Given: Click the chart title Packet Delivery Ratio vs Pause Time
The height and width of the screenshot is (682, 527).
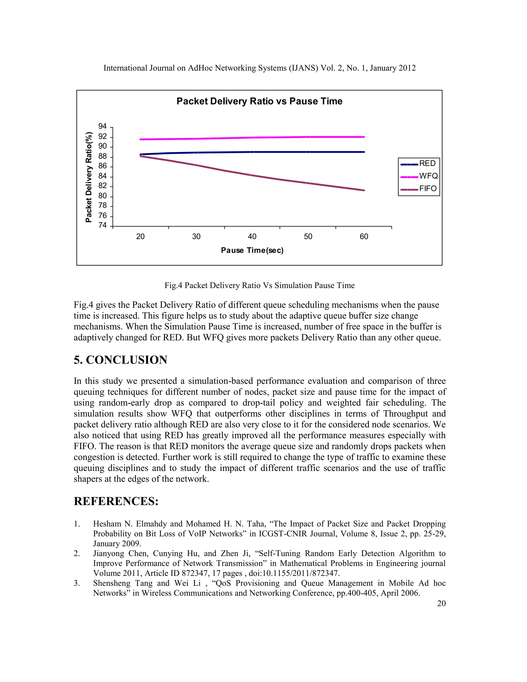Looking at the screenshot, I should [x=259, y=101].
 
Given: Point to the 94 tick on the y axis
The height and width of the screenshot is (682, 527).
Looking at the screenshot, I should [x=102, y=126].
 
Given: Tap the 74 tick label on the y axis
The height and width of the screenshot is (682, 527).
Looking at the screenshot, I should [x=102, y=225].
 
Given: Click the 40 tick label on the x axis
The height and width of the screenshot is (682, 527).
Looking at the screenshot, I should [x=252, y=237].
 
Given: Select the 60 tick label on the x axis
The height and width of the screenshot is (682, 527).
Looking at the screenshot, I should [x=364, y=237].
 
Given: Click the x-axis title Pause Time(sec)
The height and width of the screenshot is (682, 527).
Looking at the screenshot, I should [x=252, y=250].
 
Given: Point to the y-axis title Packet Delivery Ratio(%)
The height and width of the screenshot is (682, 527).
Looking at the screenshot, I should [x=89, y=177].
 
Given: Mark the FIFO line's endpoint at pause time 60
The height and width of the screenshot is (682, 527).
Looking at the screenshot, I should [x=364, y=190].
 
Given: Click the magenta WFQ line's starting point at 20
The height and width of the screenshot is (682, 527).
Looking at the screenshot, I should [x=140, y=139].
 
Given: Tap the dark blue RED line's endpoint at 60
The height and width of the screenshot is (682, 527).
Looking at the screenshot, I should [x=364, y=152].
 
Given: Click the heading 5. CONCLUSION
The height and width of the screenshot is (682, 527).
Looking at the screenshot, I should [x=120, y=360].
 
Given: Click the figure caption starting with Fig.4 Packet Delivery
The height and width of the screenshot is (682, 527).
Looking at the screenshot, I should [x=259, y=285].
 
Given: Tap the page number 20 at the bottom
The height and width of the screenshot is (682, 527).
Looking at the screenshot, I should [x=441, y=603].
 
